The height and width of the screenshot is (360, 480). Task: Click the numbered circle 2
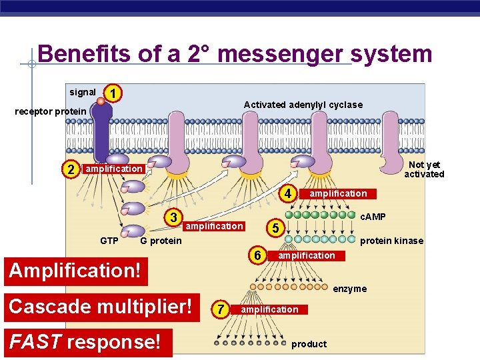tap(71, 169)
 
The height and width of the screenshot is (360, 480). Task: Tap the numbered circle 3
tap(173, 217)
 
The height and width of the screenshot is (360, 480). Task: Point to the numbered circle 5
tap(274, 228)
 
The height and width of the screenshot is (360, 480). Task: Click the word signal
tap(83, 92)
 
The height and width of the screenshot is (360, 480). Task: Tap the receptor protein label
tap(51, 111)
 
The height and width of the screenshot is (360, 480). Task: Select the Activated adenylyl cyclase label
tap(303, 105)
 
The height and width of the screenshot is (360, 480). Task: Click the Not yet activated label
tap(424, 169)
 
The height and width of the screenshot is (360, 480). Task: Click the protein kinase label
tap(391, 241)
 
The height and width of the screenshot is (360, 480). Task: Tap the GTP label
tap(109, 241)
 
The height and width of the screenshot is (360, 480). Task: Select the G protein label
tap(161, 241)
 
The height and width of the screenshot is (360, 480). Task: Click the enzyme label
tap(350, 289)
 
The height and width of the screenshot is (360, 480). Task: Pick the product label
tap(309, 344)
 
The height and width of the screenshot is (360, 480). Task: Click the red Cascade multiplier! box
tap(101, 307)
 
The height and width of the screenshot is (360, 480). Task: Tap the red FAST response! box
tap(85, 342)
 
